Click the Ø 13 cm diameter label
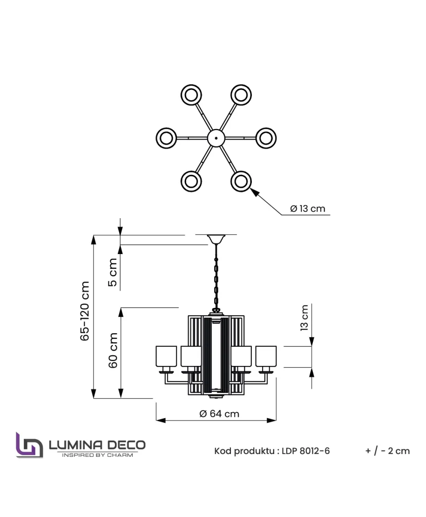(307, 209)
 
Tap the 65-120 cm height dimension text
(85, 311)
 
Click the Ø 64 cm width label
(219, 414)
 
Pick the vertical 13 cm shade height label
(305, 318)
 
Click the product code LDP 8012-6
(306, 451)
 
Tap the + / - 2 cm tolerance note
(387, 451)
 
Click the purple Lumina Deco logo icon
(29, 445)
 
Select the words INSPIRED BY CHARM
(97, 455)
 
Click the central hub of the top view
(216, 138)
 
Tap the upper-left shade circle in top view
(191, 95)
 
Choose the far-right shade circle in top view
(266, 138)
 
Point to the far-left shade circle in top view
(166, 138)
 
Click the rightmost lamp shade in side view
(266, 356)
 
